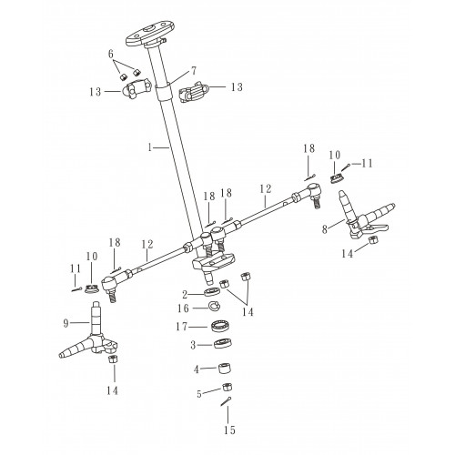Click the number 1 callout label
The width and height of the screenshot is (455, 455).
point(149,147)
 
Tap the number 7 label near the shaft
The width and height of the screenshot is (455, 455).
point(194,71)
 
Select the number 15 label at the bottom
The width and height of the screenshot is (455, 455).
point(229,430)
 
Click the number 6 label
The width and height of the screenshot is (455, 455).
point(111,55)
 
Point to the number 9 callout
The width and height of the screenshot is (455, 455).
point(66,323)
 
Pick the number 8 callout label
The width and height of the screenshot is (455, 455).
point(325,229)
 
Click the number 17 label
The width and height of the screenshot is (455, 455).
point(181,327)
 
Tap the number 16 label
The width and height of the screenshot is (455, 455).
point(183,308)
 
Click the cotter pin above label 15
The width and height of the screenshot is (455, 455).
point(226,401)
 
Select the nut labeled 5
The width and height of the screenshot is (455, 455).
point(227,388)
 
